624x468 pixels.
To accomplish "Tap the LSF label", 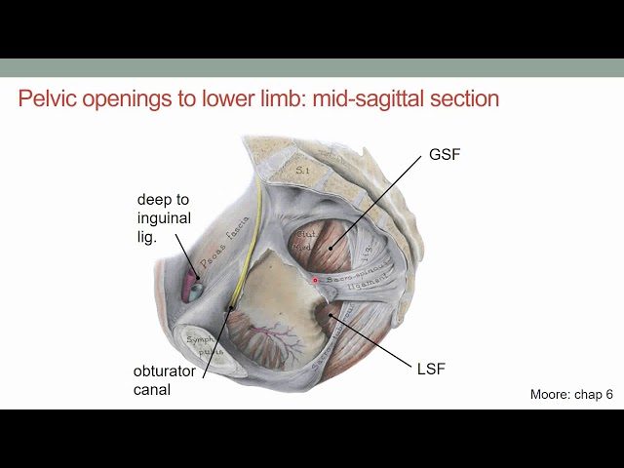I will (x=431, y=370).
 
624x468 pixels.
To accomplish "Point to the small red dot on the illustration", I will (x=315, y=280).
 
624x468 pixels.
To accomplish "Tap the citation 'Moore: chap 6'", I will (x=570, y=394).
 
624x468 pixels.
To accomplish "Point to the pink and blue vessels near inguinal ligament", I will (x=192, y=288).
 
